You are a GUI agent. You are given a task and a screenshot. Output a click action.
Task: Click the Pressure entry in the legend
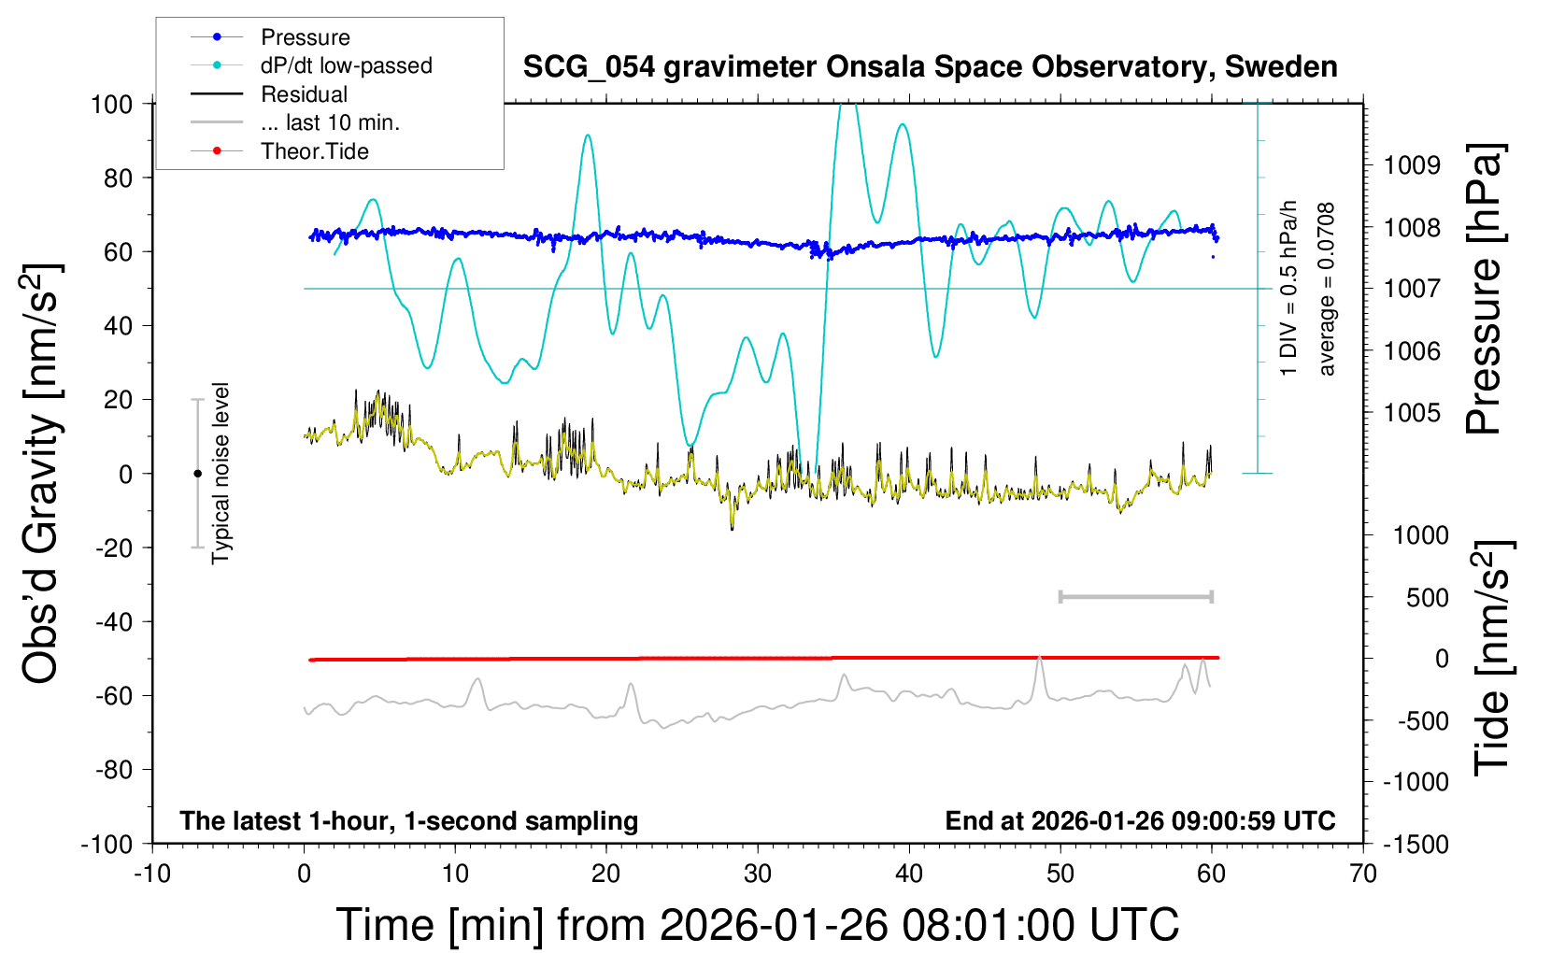point(305,37)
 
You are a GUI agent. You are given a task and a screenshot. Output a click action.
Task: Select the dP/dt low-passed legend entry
point(346,65)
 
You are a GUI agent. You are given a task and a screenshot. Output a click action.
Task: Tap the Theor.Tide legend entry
point(315,151)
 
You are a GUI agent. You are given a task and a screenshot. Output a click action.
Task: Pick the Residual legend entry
point(304,94)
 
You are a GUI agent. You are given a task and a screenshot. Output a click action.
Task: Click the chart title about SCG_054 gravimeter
point(930,67)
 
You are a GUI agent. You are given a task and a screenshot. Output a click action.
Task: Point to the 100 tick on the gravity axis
point(111,104)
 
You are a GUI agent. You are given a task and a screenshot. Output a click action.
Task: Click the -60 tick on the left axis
point(113,696)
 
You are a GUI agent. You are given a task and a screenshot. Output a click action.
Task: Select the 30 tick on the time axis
point(758,875)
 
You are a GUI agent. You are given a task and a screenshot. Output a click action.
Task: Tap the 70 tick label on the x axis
point(1363,875)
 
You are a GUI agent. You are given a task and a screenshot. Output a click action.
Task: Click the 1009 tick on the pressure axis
point(1412,165)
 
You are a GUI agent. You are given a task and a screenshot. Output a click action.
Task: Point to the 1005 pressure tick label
point(1412,413)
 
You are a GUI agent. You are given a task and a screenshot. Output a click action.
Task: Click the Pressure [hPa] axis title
point(1484,290)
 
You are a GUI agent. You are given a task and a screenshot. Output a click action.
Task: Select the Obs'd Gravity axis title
point(42,474)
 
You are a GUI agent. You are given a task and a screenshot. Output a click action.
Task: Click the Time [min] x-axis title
point(758,925)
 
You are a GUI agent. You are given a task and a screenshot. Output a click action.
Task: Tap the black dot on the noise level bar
point(197,474)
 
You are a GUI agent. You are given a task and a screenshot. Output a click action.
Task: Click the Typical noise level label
point(221,474)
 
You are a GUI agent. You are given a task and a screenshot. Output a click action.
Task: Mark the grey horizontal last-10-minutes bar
point(1135,596)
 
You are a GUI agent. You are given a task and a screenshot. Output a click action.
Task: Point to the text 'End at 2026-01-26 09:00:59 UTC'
point(1140,821)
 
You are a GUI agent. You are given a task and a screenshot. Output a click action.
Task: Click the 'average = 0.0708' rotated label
point(1327,290)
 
